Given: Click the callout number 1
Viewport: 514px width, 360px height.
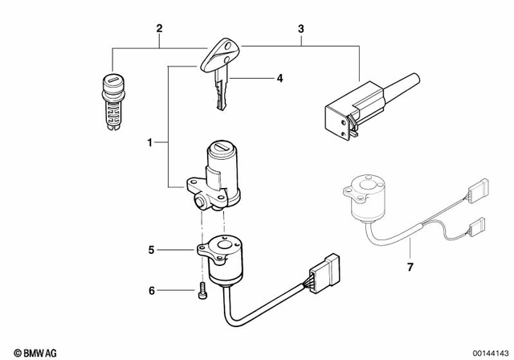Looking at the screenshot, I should (x=149, y=143).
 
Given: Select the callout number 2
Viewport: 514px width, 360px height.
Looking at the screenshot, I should (x=159, y=30).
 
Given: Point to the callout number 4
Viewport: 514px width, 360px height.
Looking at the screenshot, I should (x=279, y=78).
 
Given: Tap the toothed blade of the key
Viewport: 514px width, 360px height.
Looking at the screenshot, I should (x=221, y=95).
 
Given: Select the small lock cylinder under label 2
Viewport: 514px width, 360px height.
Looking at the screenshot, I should (x=112, y=100).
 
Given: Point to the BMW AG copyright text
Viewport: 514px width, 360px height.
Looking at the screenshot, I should (x=24, y=350).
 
